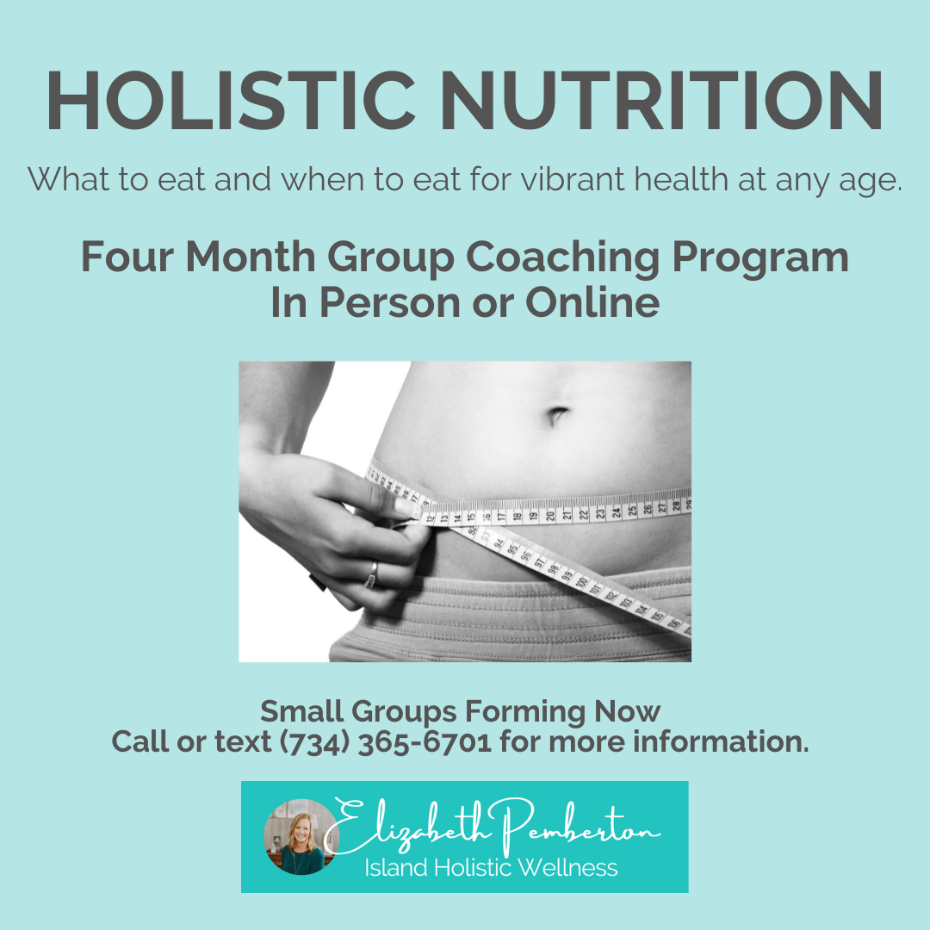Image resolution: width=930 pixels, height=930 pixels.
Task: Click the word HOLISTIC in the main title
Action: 231,100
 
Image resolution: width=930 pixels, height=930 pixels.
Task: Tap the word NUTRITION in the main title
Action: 661,100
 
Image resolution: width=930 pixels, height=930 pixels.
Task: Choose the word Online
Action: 592,302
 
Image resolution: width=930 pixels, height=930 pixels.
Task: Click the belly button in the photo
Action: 555,415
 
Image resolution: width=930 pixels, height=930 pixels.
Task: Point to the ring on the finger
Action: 371,574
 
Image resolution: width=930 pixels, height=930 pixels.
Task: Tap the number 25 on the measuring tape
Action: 632,511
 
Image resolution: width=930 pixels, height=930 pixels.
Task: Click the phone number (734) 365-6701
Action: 386,742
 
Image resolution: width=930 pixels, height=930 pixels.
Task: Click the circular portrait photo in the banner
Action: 301,837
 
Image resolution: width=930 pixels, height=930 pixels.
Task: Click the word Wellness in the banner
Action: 567,868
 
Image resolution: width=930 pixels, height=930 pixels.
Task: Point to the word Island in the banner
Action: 395,868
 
